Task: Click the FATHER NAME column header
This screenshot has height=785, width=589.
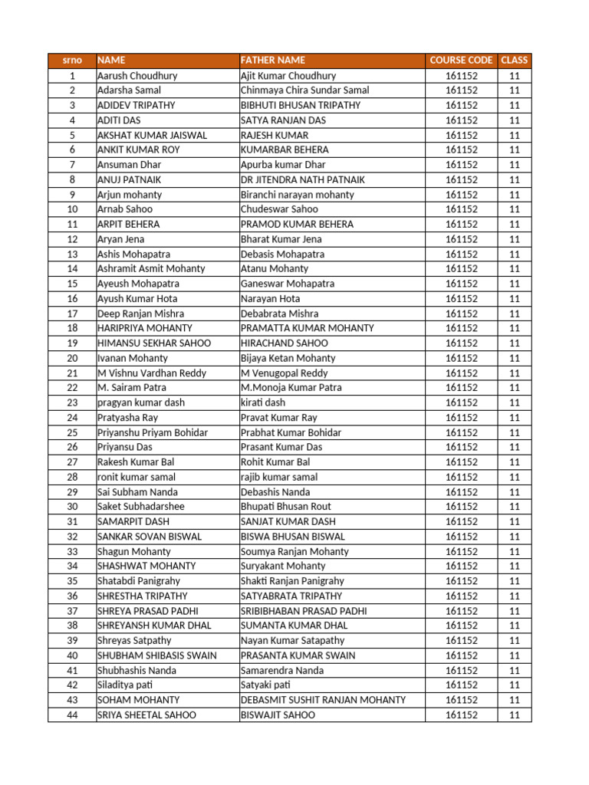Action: click(x=273, y=60)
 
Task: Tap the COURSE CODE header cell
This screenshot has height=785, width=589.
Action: click(x=461, y=60)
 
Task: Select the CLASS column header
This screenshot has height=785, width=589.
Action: click(x=514, y=60)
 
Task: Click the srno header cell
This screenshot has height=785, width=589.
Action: click(x=72, y=60)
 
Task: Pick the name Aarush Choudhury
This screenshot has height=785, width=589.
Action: click(x=137, y=76)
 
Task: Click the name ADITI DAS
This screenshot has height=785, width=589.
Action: click(x=119, y=120)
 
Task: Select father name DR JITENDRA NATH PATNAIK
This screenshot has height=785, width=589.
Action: click(x=303, y=179)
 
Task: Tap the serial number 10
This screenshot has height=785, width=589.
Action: click(x=72, y=209)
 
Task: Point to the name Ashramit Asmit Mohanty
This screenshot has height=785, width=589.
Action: click(x=151, y=269)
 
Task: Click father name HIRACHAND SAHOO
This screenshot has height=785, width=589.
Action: click(x=284, y=343)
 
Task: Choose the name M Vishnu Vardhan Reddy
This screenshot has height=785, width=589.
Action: click(x=152, y=373)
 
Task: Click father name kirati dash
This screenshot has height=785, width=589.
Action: click(x=262, y=402)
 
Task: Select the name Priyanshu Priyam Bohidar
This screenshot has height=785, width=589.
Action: click(x=153, y=432)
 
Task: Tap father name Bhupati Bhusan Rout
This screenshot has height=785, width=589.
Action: click(x=286, y=507)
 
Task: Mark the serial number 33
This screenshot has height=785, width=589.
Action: click(x=72, y=551)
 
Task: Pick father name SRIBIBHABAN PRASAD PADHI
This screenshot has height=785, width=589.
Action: click(x=304, y=611)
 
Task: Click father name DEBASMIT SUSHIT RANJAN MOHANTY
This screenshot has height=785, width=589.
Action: click(x=323, y=700)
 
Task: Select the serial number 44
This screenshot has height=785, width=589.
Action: click(x=72, y=715)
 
